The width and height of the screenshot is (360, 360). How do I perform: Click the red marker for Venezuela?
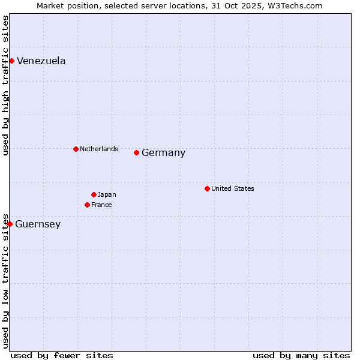tap(11, 61)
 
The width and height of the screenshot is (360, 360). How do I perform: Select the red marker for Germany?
tap(136, 152)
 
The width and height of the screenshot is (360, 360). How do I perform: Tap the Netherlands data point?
tap(76, 149)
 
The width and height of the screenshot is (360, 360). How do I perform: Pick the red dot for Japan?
tap(94, 194)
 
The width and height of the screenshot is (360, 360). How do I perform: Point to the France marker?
tap(87, 205)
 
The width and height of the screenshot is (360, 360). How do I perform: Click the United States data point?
tap(207, 188)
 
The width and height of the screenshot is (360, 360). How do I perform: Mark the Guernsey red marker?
tap(10, 224)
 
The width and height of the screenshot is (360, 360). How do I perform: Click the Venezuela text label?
tap(41, 61)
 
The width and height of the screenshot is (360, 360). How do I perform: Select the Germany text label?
tap(163, 153)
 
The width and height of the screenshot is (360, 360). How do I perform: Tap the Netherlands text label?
tap(98, 149)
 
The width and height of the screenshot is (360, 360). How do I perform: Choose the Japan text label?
tap(107, 194)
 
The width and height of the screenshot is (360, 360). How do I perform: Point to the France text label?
tap(101, 205)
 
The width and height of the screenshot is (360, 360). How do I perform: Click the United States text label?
tap(232, 188)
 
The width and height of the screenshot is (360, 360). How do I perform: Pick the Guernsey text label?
tap(38, 224)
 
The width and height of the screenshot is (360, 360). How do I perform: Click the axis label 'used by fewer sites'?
tap(62, 355)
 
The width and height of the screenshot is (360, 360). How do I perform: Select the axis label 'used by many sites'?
tap(301, 355)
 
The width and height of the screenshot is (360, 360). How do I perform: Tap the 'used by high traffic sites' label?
tap(5, 85)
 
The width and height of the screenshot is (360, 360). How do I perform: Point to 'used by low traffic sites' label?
tap(5, 280)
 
